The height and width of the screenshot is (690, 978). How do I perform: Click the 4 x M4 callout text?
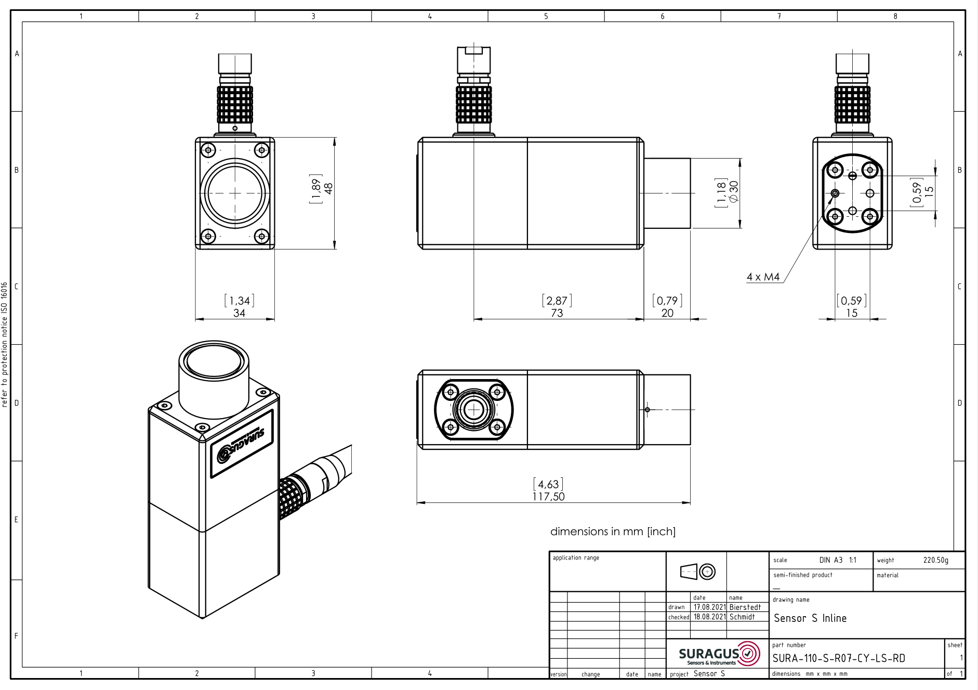pyautogui.click(x=763, y=277)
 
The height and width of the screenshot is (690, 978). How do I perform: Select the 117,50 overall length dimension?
pyautogui.click(x=548, y=497)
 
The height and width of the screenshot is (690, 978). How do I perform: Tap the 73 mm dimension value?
pyautogui.click(x=557, y=313)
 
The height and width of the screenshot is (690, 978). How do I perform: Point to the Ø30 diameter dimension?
pyautogui.click(x=734, y=191)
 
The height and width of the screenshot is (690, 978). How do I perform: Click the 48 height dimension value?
pyautogui.click(x=328, y=188)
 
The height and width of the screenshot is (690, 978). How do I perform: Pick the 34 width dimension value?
pyautogui.click(x=239, y=313)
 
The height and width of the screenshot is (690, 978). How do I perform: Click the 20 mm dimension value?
pyautogui.click(x=667, y=313)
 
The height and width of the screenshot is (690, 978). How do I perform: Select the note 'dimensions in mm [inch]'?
pyautogui.click(x=613, y=531)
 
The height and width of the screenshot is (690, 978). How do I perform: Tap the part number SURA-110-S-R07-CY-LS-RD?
pyautogui.click(x=839, y=658)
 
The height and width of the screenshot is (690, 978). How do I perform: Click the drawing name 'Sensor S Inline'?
pyautogui.click(x=810, y=618)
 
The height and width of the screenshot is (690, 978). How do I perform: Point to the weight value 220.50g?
pyautogui.click(x=936, y=560)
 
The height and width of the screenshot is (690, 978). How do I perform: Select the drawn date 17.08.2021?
pyautogui.click(x=709, y=607)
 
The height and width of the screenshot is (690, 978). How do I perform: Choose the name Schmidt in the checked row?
pyautogui.click(x=742, y=617)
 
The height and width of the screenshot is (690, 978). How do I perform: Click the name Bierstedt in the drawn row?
pyautogui.click(x=745, y=607)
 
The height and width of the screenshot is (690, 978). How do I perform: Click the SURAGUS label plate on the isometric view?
pyautogui.click(x=242, y=444)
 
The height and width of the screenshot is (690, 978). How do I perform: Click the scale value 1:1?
pyautogui.click(x=853, y=560)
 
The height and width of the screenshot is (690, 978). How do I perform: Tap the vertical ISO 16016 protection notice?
pyautogui.click(x=5, y=344)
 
